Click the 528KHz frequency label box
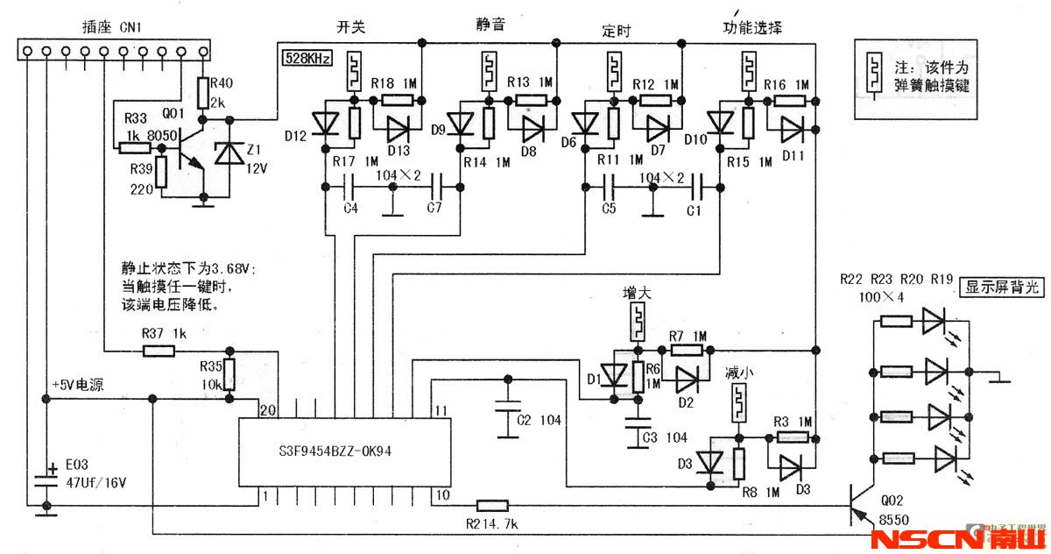point(307,59)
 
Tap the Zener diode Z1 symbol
point(230,153)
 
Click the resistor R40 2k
point(203,91)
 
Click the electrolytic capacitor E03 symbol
point(45,479)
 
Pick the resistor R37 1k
point(159,352)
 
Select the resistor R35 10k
point(229,374)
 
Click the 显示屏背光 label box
point(1003,287)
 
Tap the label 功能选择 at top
point(751,27)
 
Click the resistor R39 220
point(161,175)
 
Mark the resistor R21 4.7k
point(492,505)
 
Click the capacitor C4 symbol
point(349,186)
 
